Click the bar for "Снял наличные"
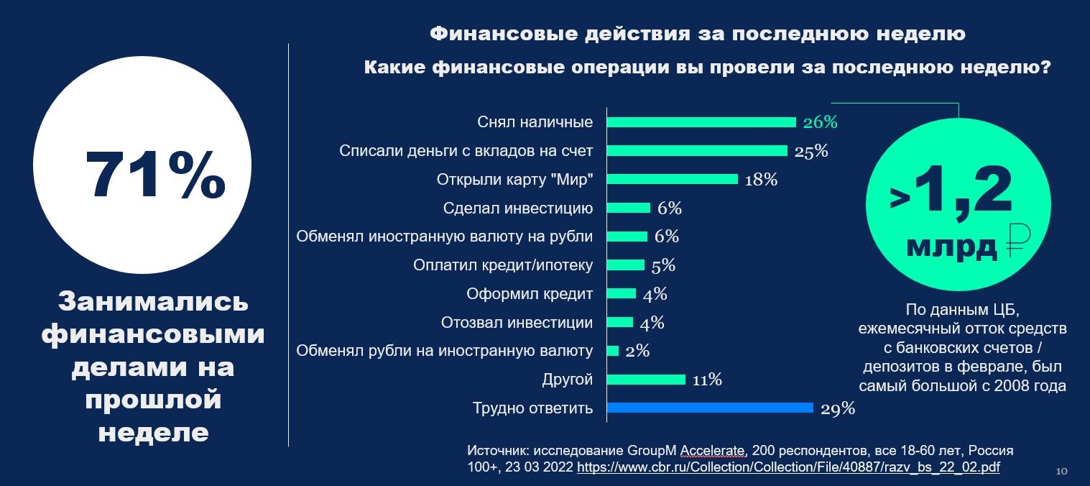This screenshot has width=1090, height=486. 701,122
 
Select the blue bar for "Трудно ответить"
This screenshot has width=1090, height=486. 710,408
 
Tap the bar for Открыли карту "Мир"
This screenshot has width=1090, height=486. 672,179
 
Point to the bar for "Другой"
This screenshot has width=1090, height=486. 647,380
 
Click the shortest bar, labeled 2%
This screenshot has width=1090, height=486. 613,351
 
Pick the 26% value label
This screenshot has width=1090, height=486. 821,122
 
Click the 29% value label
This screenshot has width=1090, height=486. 838,409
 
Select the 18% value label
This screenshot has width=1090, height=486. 761,180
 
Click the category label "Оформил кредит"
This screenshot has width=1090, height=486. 530,294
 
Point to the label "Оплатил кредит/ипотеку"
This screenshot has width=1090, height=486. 503,265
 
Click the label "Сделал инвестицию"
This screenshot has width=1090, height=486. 518,208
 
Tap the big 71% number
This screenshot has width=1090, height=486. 154,175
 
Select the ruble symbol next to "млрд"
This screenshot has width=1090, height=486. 1015,242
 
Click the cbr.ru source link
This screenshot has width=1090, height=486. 788,467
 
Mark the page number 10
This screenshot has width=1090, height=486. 1061,472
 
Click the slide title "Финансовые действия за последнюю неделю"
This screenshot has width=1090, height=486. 697,34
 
